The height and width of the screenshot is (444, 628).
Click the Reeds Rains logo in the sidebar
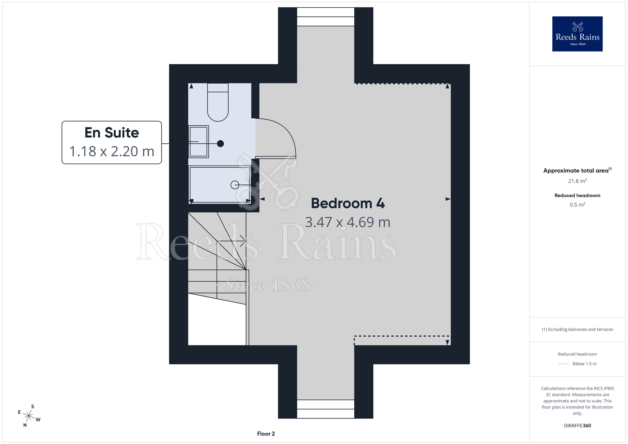[x=577, y=34]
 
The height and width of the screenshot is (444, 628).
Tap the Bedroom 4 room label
[x=348, y=203]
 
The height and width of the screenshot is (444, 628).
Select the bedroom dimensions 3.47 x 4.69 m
[x=348, y=222]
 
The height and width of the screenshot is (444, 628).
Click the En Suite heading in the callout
[x=112, y=133]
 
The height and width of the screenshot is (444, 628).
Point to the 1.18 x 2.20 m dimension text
[x=112, y=151]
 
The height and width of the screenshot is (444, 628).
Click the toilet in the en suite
[x=218, y=102]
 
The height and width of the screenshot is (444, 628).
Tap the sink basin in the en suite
[x=198, y=142]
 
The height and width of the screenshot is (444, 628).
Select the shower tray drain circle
[x=235, y=185]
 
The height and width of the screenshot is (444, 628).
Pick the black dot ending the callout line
[x=220, y=143]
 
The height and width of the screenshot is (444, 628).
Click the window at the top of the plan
[x=326, y=17]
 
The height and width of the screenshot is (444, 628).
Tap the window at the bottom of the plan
[x=326, y=409]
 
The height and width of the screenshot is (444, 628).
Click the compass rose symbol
[x=29, y=416]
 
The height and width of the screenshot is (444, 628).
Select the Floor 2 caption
[x=266, y=434]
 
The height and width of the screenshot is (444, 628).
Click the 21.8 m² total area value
[x=577, y=181]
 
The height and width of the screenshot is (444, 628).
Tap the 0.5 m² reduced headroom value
[x=577, y=204]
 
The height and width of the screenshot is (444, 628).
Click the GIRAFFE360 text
[x=577, y=426]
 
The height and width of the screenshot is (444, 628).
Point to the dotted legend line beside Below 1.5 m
[x=564, y=364]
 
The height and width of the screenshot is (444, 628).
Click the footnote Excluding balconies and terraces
[x=577, y=329]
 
